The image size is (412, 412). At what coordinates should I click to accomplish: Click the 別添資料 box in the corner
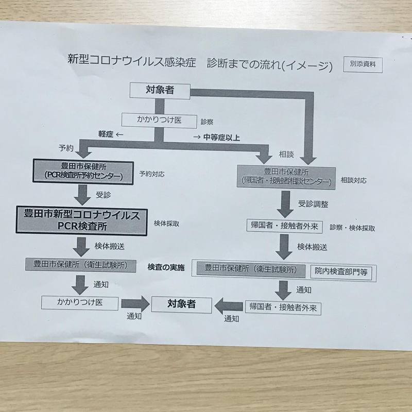pos(363,65)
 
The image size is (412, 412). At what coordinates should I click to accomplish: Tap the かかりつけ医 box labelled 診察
pos(159,120)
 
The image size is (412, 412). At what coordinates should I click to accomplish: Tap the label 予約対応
pos(152,174)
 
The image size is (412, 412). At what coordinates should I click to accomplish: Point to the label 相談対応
pos(355,181)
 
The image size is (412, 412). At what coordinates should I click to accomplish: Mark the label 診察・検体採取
pos(353,228)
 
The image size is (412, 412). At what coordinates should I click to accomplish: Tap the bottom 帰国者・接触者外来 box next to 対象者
pos(283,308)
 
